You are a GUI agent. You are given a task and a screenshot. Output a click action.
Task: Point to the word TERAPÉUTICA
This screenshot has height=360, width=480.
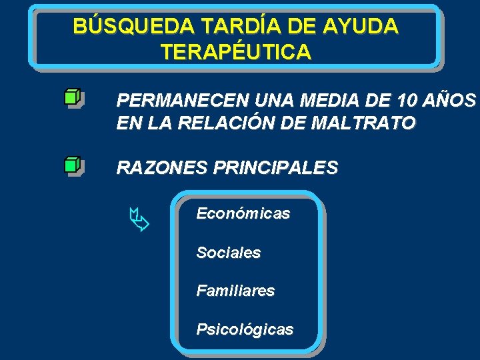click(235, 52)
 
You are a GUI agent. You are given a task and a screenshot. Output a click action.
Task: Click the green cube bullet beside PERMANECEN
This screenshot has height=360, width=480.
click(73, 97)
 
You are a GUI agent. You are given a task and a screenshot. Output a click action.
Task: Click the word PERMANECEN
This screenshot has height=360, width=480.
click(175, 101)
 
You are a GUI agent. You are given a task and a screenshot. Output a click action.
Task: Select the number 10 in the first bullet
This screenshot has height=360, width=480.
click(408, 101)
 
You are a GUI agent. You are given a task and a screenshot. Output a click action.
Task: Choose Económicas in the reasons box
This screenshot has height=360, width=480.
click(243, 214)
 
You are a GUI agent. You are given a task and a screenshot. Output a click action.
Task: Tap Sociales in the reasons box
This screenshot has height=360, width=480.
click(228, 253)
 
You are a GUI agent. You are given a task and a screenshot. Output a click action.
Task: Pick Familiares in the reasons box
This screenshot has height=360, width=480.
click(235, 291)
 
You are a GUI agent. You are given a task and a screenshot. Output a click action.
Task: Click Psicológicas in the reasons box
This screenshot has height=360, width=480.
click(244, 330)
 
